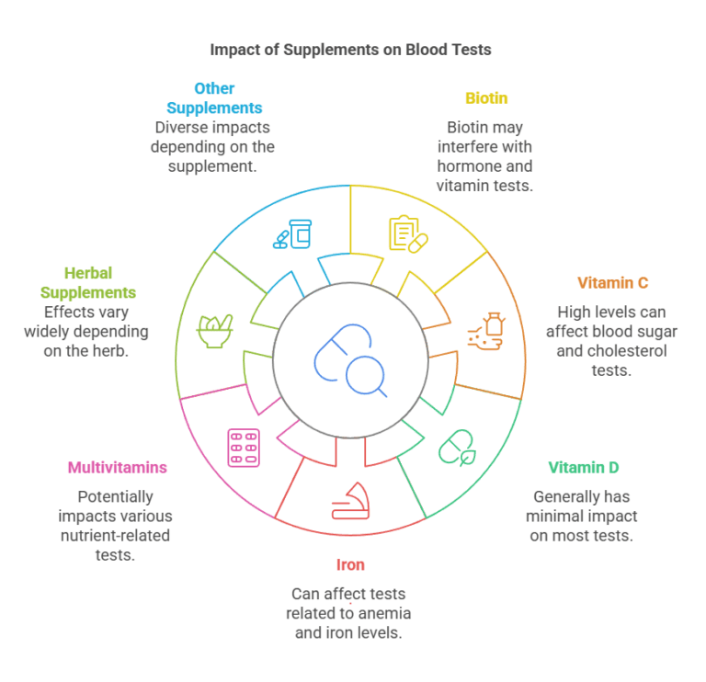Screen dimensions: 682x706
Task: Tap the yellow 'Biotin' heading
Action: (x=486, y=98)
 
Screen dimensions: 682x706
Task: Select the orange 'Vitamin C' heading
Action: (x=612, y=283)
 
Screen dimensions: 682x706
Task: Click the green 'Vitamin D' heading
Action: (x=583, y=468)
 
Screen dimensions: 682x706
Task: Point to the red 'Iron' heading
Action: (x=350, y=564)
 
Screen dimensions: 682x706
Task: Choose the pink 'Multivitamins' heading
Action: (x=118, y=468)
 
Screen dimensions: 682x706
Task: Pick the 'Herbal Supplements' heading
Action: (x=100, y=282)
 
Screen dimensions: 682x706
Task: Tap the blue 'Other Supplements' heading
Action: (x=214, y=98)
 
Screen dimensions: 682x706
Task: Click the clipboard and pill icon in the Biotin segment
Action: (x=408, y=233)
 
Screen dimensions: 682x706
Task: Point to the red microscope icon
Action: (x=350, y=502)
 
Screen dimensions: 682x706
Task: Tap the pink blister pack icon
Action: (x=244, y=448)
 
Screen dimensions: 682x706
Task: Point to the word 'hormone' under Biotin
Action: (x=468, y=166)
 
